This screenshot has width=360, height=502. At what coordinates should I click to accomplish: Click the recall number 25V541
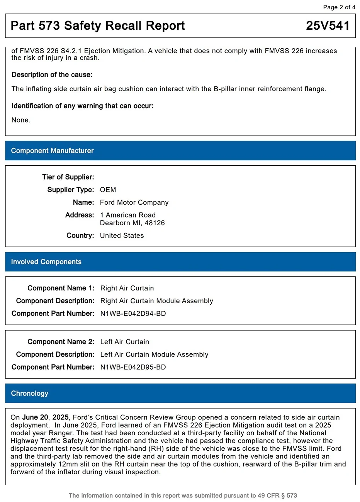(x=328, y=26)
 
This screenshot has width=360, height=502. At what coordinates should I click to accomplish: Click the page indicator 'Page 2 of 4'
(x=339, y=7)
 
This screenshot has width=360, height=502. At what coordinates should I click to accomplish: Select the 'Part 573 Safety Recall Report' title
(x=98, y=26)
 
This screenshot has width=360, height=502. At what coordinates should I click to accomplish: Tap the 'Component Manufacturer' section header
(x=52, y=151)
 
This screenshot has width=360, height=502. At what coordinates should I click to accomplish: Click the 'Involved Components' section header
(x=46, y=262)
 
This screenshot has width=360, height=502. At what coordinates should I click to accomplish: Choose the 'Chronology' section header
(x=29, y=393)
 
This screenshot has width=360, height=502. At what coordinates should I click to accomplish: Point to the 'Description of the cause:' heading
(x=52, y=75)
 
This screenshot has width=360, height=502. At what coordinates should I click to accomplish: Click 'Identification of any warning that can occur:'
(x=82, y=106)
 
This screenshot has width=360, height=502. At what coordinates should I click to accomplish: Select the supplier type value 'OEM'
(x=108, y=190)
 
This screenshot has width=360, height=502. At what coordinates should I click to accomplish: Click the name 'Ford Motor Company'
(x=134, y=202)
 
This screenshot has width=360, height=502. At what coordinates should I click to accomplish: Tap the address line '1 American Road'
(x=127, y=215)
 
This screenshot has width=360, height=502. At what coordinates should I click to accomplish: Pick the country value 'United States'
(x=122, y=236)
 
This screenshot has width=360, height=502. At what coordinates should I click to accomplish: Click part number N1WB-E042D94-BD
(x=133, y=314)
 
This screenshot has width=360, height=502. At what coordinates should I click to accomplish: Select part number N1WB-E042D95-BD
(x=133, y=367)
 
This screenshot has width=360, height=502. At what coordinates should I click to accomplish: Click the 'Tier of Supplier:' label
(x=68, y=177)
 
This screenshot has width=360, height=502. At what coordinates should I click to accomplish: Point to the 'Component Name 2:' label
(x=61, y=342)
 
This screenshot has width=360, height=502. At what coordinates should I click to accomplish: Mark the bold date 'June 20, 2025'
(x=45, y=417)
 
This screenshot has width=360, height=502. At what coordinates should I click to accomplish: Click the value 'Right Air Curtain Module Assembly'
(x=156, y=301)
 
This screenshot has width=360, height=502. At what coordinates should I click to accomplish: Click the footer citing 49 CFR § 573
(x=183, y=495)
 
